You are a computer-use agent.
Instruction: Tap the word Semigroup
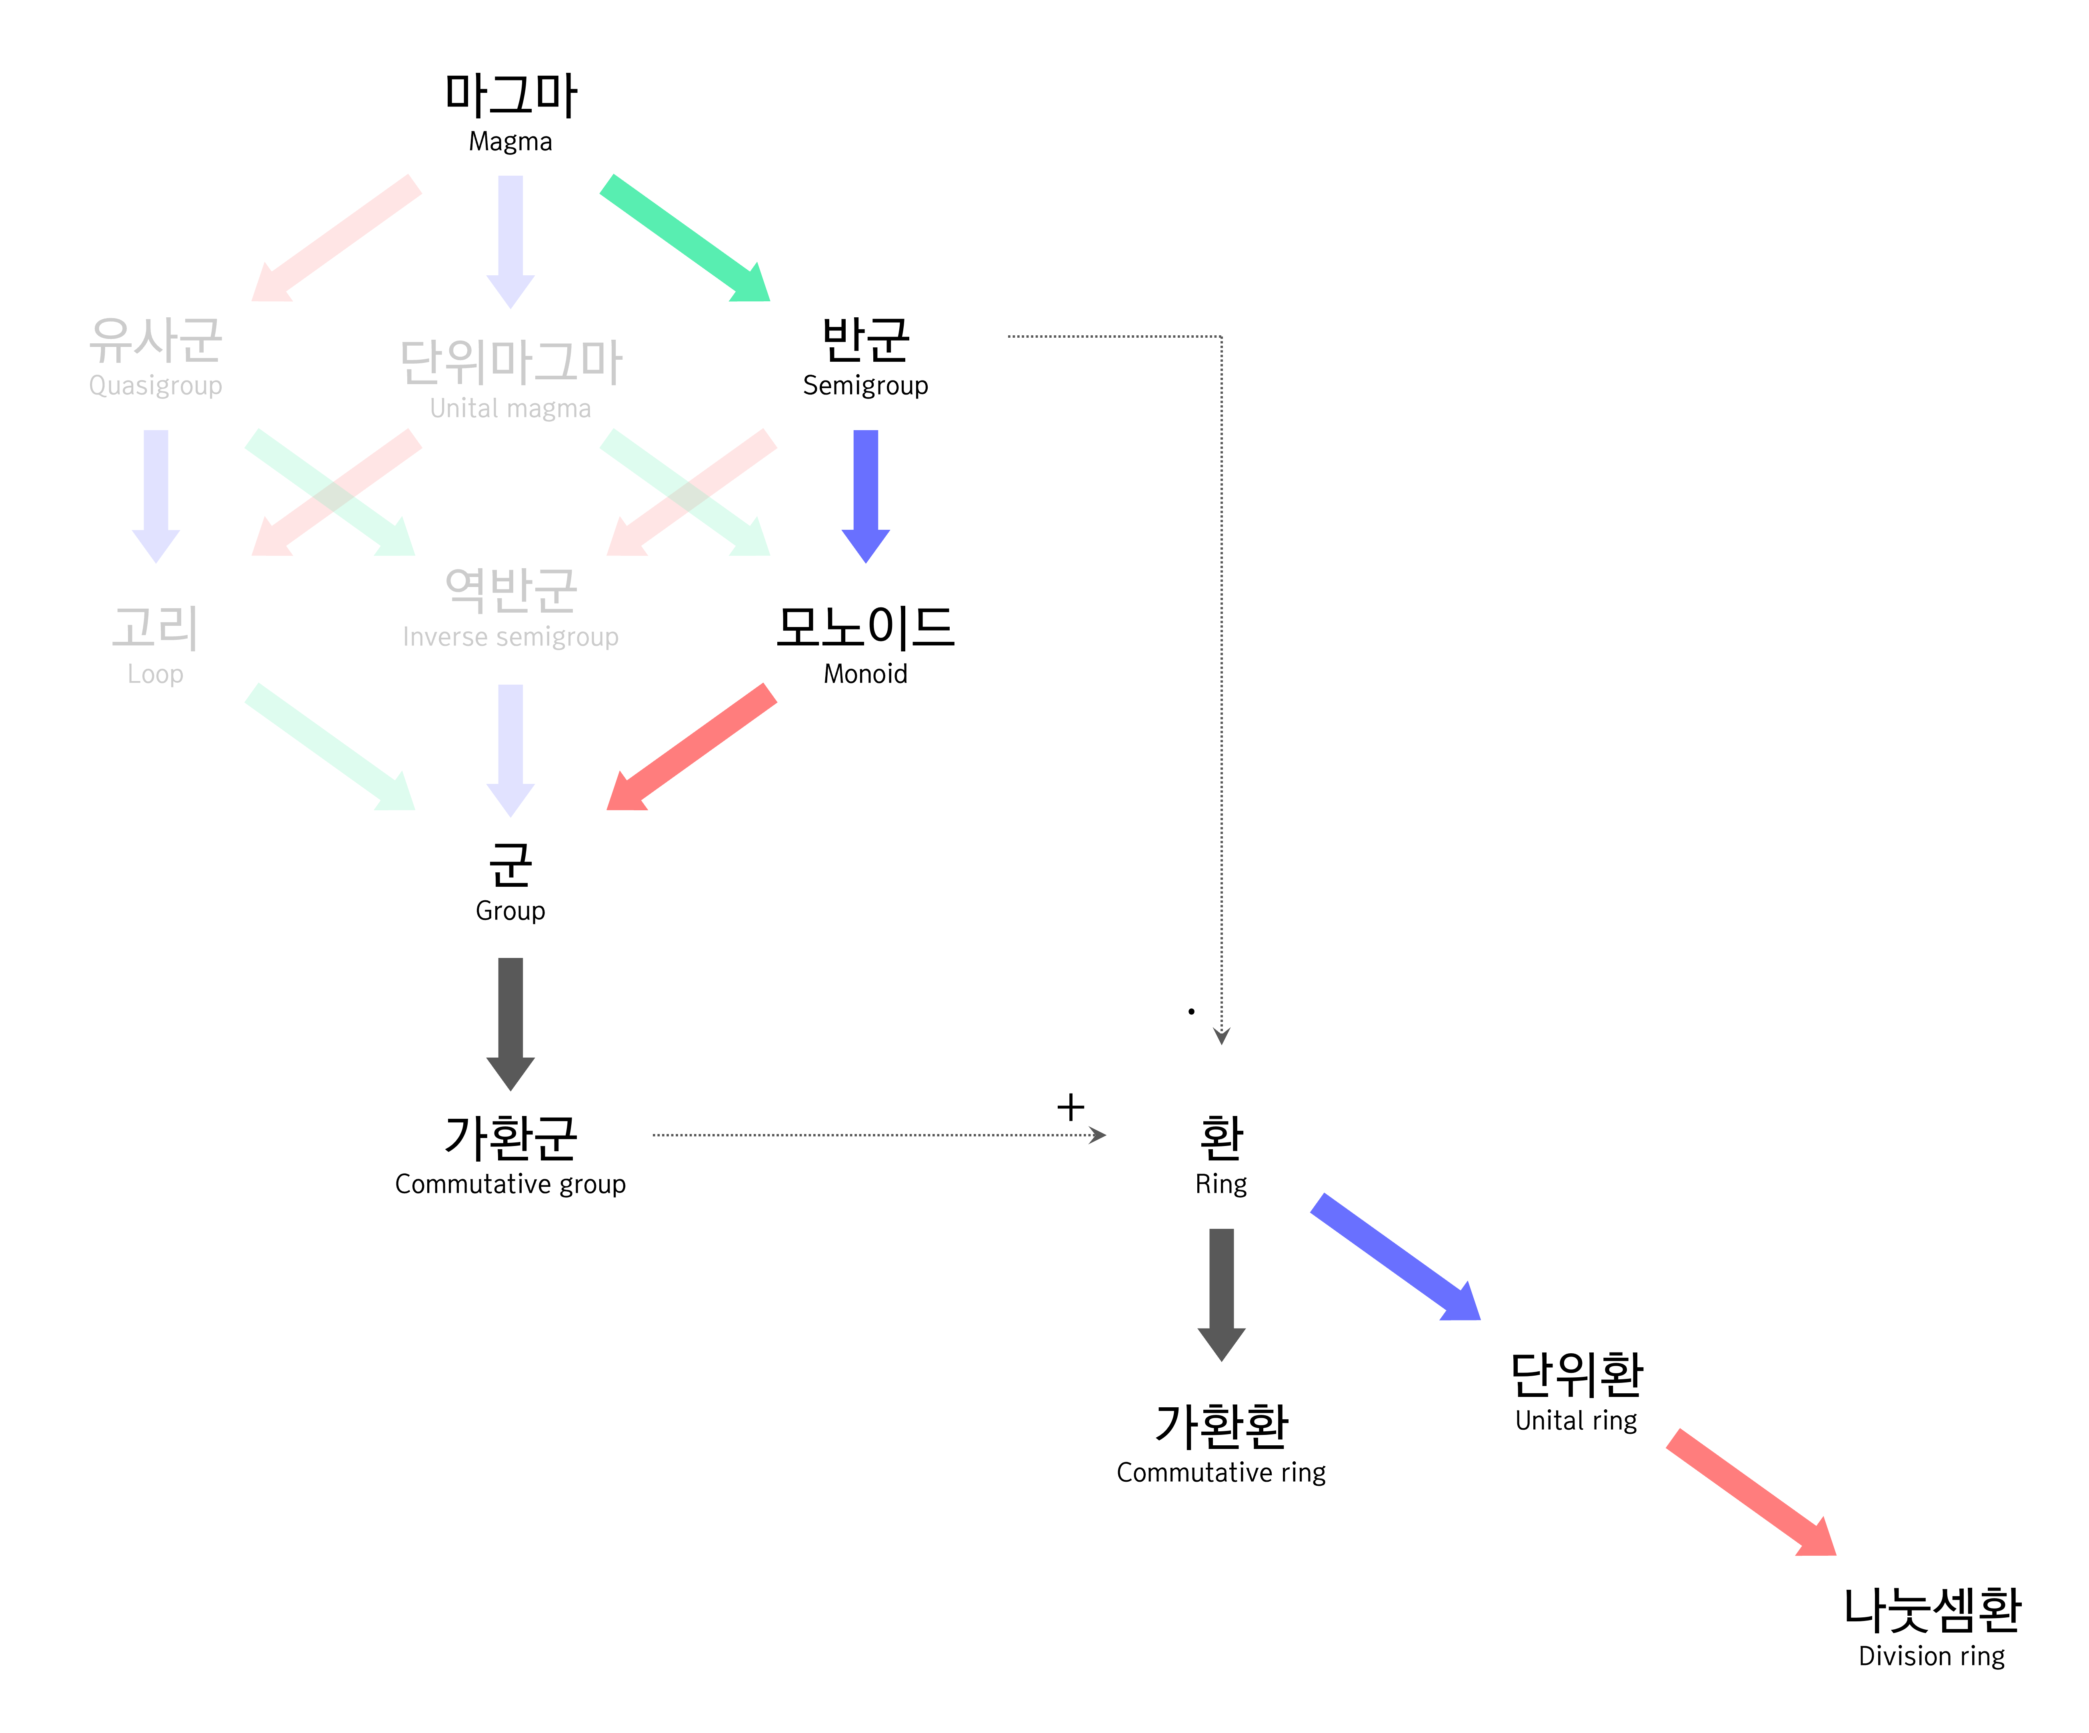click(865, 386)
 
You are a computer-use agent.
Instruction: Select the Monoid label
click(865, 675)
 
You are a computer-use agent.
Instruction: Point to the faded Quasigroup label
click(155, 386)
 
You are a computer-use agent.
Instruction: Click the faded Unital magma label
click(510, 409)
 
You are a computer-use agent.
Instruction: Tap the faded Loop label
click(155, 675)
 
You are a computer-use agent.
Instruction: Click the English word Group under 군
click(510, 911)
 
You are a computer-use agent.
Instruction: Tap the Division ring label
click(1931, 1657)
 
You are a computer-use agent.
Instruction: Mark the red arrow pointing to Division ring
click(1751, 1492)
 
